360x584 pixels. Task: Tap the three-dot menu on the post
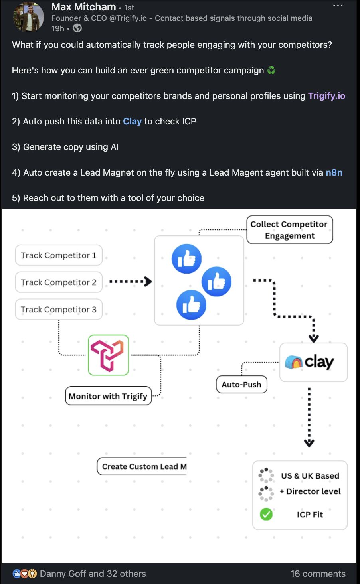(338, 6)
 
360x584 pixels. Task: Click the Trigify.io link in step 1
(326, 96)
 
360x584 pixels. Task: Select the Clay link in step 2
(132, 121)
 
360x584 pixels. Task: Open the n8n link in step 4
(334, 172)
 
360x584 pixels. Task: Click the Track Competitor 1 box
(59, 255)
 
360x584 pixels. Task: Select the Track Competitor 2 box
(59, 282)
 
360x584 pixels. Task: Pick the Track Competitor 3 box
(59, 310)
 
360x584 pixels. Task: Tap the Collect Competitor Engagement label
(289, 230)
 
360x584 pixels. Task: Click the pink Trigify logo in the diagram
(108, 355)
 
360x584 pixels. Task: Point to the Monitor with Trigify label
(108, 396)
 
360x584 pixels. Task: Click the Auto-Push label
(241, 385)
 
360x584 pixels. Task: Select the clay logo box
(313, 362)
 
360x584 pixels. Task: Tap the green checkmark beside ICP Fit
(266, 515)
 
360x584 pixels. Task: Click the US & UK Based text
(310, 476)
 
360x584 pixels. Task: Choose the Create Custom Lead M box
(142, 466)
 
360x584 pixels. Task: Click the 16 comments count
(318, 574)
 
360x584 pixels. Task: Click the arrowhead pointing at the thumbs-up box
(148, 282)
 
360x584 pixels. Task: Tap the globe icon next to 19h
(77, 28)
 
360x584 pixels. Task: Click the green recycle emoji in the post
(271, 70)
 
